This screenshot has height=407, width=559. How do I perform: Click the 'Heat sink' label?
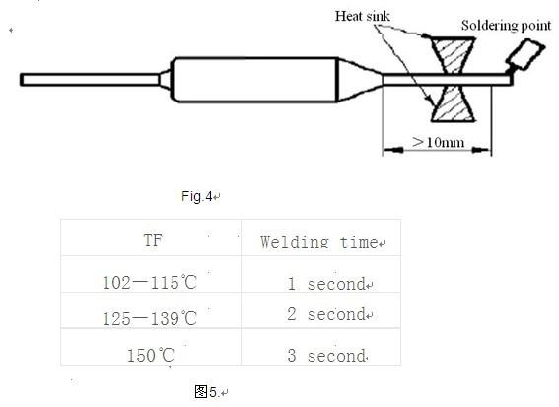pos(362,16)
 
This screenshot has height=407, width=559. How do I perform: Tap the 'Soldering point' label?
pos(506,26)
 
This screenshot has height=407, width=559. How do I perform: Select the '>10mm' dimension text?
pos(438,142)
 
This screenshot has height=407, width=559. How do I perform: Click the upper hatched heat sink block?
pos(454,55)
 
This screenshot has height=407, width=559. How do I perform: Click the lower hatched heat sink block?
pos(454,103)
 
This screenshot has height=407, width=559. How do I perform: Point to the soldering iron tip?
pos(524,55)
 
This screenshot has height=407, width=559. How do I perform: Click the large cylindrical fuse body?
pos(253,80)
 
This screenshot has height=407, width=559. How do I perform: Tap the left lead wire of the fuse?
pos(90,80)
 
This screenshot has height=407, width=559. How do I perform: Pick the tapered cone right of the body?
pos(359,80)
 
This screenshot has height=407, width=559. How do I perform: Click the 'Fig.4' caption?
pos(197,196)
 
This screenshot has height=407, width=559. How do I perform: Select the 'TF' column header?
pos(153,239)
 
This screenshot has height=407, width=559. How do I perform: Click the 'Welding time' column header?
pos(319,242)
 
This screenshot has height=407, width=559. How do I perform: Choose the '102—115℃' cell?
pos(150,282)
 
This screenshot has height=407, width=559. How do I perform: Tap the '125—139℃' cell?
pos(150,318)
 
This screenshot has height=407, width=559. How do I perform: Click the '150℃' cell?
pos(151,355)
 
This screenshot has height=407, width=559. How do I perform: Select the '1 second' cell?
pos(326,284)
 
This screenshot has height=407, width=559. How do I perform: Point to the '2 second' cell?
pos(326,314)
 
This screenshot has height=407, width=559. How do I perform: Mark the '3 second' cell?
pos(326,356)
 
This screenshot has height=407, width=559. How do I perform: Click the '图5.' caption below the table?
pos(206,392)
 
